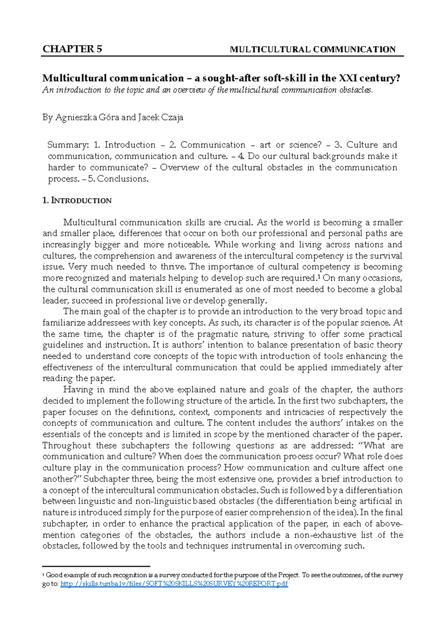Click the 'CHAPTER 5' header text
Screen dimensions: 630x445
click(72, 49)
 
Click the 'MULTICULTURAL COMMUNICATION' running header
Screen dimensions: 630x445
click(313, 49)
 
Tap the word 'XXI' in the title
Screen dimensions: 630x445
click(348, 78)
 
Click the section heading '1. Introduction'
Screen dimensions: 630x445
click(77, 201)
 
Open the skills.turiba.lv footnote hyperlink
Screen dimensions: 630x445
click(174, 584)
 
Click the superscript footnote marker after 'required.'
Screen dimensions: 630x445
click(318, 276)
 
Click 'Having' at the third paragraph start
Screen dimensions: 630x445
click(78, 390)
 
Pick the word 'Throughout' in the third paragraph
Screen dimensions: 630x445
click(66, 446)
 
